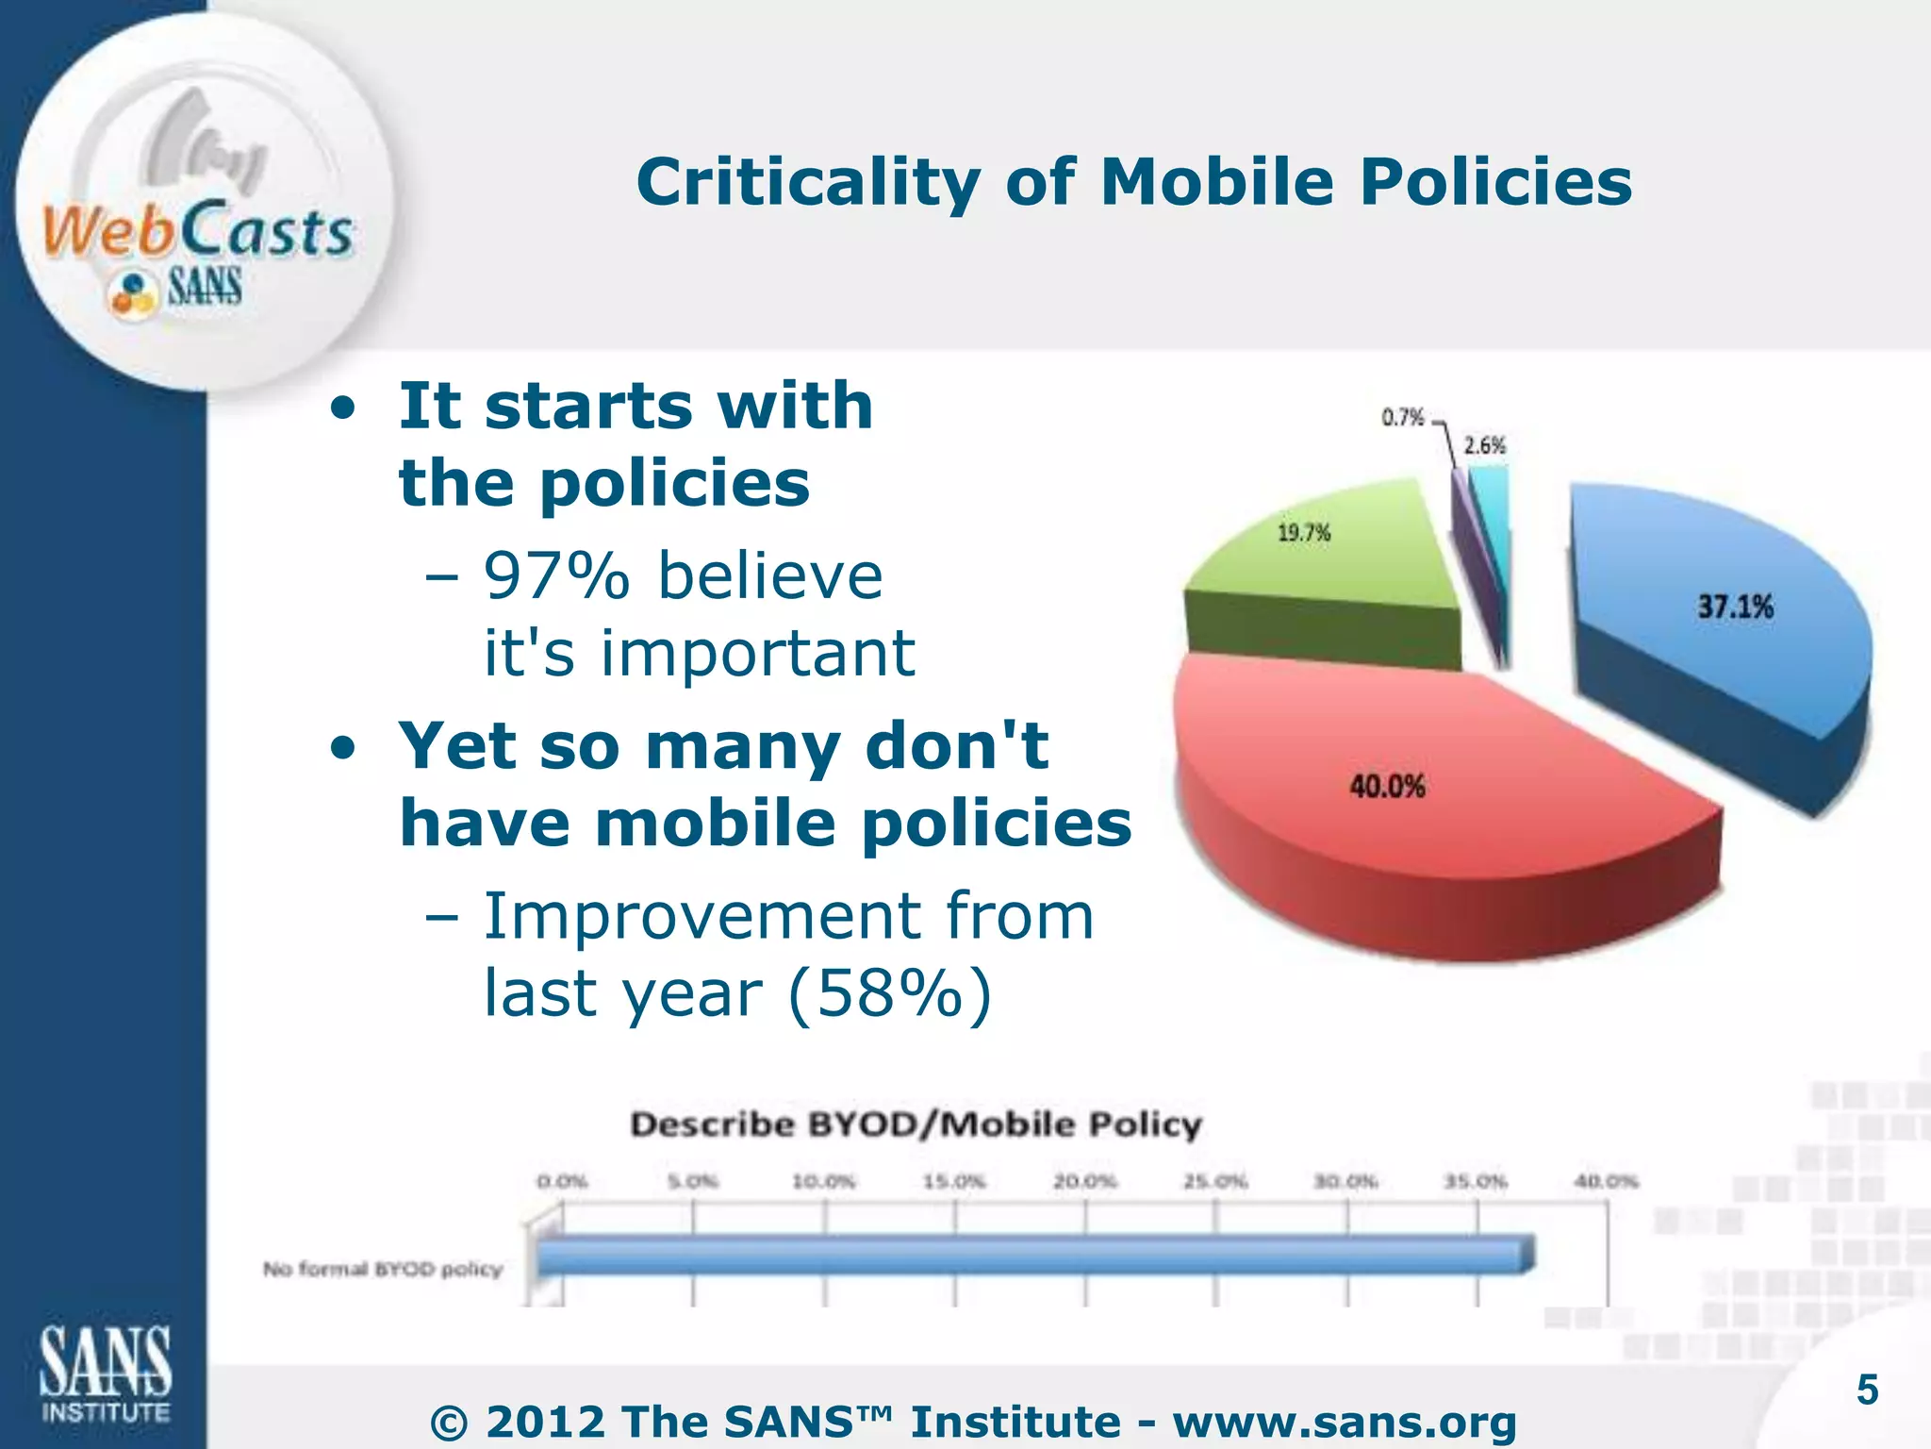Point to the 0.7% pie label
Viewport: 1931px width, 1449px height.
[x=1402, y=417]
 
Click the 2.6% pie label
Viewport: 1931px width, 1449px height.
[x=1484, y=445]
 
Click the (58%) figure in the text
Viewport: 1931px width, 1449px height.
[x=889, y=993]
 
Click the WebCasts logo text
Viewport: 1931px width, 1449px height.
[x=198, y=231]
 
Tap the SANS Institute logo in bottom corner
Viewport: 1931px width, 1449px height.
[x=106, y=1373]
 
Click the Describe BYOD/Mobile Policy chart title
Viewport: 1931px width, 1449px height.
[x=916, y=1124]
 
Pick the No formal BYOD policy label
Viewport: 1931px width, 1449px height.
[x=383, y=1270]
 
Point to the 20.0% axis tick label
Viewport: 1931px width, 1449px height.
[x=1084, y=1181]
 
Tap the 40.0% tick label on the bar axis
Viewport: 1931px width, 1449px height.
[x=1607, y=1181]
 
